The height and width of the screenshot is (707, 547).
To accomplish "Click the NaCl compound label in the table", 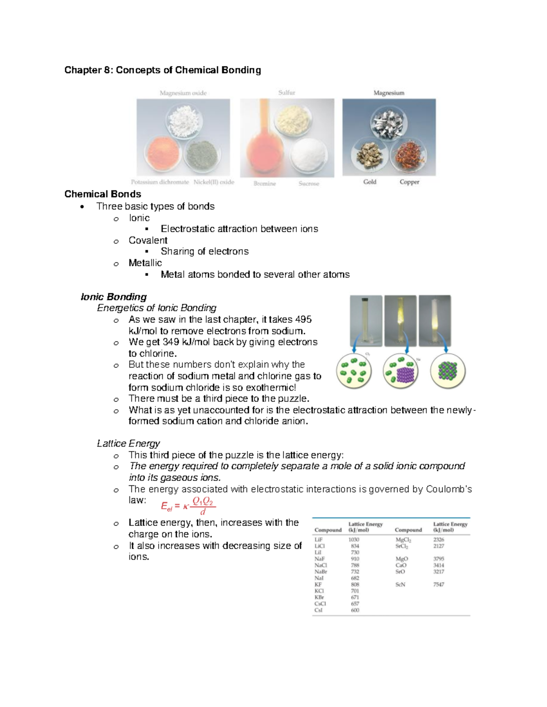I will tap(321, 565).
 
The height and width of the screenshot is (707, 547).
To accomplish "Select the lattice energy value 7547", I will tap(439, 585).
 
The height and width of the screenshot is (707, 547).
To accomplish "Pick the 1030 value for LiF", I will tap(354, 539).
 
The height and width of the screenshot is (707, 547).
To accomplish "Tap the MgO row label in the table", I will tap(402, 559).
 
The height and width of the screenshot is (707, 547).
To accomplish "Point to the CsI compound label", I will tap(318, 610).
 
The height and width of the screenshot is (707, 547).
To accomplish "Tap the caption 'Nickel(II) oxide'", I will tap(214, 182).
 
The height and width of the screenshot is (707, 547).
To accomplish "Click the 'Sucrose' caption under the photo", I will tap(309, 183).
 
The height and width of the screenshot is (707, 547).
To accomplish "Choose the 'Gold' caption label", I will tap(370, 182).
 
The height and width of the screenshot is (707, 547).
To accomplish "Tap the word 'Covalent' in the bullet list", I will tap(148, 240).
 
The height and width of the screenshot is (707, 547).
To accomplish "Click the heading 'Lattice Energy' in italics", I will tap(128, 443).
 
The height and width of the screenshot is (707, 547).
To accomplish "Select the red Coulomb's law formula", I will tap(188, 505).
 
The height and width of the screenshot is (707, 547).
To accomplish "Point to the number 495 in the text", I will tap(303, 320).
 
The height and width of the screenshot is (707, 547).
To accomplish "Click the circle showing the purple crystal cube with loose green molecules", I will tap(401, 371).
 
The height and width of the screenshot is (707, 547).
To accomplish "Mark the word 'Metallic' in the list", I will tap(145, 263).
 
